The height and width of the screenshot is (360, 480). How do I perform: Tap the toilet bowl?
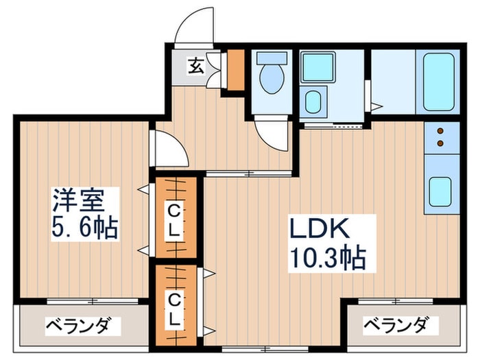tap(272, 78)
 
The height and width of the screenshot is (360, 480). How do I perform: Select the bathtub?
tap(438, 82)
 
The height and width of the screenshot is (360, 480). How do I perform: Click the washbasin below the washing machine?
tap(313, 102)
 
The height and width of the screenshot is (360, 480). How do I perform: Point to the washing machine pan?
tap(317, 67)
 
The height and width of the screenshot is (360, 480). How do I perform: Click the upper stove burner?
tap(440, 131)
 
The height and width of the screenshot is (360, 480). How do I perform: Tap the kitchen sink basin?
tap(440, 191)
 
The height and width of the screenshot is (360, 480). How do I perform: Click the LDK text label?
tap(320, 228)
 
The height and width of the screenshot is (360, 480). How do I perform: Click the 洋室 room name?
tap(79, 200)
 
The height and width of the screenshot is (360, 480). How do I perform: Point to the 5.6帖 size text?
tap(85, 228)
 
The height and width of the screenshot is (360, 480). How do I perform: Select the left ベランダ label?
tap(79, 326)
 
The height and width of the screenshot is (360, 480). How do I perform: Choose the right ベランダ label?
tap(396, 326)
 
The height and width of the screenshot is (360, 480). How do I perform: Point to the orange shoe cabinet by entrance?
tap(235, 70)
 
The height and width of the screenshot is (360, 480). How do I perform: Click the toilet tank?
tap(272, 58)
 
